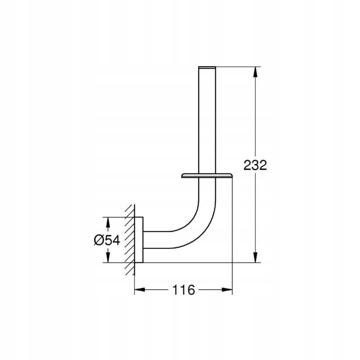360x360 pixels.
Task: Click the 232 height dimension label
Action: tap(255, 165)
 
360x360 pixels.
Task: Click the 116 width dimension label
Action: tap(184, 290)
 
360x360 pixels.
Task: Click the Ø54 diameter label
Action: tap(107, 241)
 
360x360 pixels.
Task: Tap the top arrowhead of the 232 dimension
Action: tap(255, 72)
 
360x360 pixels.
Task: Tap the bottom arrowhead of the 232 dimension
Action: tap(255, 257)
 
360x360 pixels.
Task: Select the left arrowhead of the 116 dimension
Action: tap(139, 290)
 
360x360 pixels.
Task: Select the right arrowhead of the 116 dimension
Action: tap(227, 290)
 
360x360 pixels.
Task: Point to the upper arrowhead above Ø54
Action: tap(108, 222)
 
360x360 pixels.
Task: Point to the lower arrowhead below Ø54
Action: tap(108, 257)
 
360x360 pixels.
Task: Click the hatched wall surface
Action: tap(130, 240)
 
